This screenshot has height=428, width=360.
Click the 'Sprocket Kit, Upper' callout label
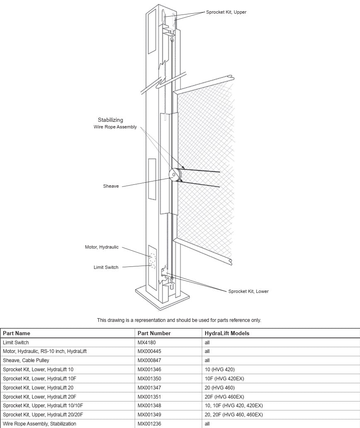point(226,12)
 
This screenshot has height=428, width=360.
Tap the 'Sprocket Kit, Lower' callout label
point(249,291)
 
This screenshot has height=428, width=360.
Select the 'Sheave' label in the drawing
point(111,186)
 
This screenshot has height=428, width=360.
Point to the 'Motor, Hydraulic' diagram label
point(102,247)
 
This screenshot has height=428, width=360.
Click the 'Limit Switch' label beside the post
point(106,267)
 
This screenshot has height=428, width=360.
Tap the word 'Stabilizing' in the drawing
point(111,120)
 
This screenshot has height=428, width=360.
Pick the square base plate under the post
point(163,297)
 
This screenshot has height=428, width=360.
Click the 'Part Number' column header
point(154,333)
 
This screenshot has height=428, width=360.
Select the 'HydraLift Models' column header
point(227,333)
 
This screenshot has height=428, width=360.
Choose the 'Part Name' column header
point(17,333)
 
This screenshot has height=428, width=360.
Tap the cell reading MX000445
point(149,351)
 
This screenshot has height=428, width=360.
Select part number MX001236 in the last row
point(149,424)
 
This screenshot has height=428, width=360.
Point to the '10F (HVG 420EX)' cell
point(225,379)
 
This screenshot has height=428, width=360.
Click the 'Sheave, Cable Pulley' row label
point(26,360)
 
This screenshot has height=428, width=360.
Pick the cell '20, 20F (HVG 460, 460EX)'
point(234,415)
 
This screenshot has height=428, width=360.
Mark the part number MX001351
point(149,397)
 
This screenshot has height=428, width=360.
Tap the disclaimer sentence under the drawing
point(179,320)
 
